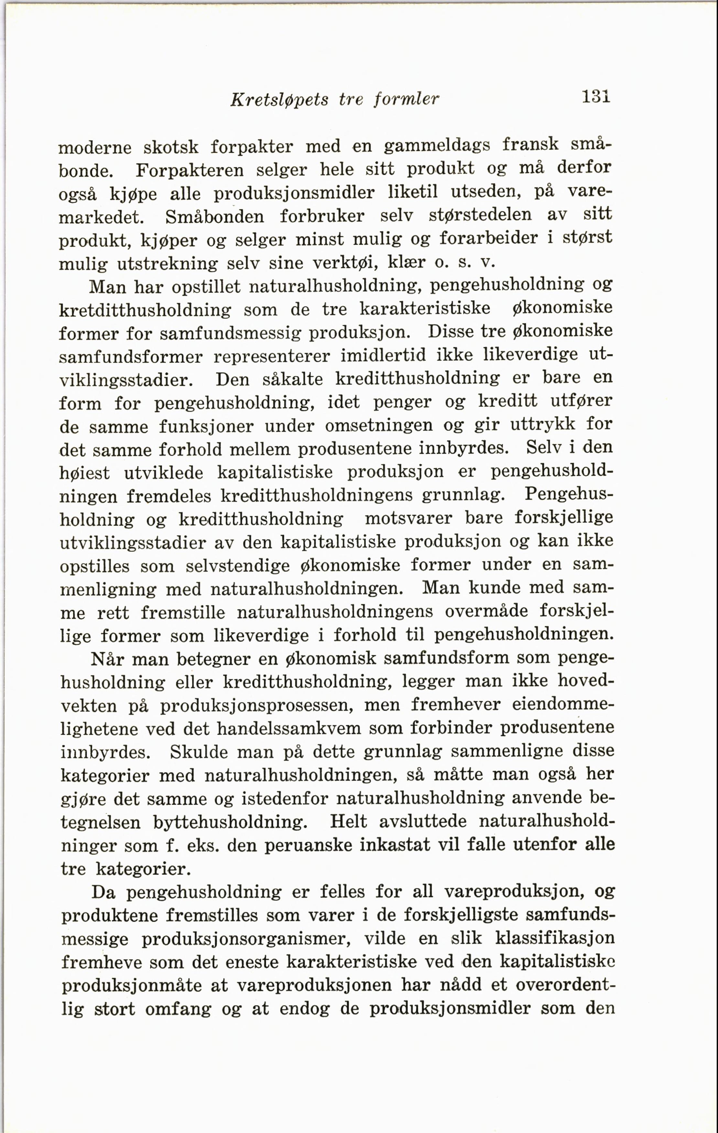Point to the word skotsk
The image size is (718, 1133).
click(x=171, y=147)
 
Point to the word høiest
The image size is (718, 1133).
click(x=85, y=473)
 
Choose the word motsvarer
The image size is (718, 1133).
click(x=408, y=518)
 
